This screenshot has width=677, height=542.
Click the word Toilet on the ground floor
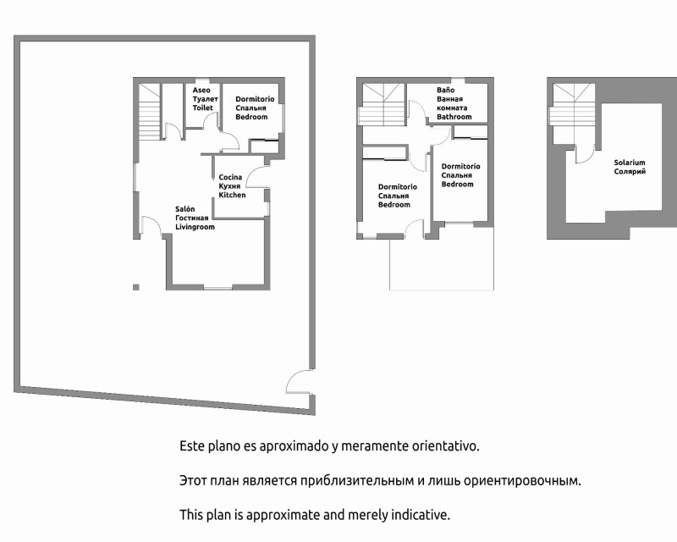[x=203, y=108]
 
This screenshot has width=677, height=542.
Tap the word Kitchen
[x=232, y=195]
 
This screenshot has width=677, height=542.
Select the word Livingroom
[x=195, y=227]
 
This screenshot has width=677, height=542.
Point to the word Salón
[x=184, y=209]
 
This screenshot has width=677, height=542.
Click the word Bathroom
[x=454, y=117]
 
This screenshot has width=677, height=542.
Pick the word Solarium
[x=630, y=163]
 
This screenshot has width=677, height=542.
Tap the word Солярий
[x=630, y=172]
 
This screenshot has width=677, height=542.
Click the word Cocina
[x=230, y=177]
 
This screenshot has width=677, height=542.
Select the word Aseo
[x=201, y=90]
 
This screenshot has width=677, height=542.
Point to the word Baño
[x=445, y=90]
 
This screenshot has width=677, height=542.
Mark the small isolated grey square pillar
[x=136, y=287]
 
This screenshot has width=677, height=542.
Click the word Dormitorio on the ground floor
[x=255, y=99]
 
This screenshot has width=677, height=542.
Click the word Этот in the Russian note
[x=193, y=481]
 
